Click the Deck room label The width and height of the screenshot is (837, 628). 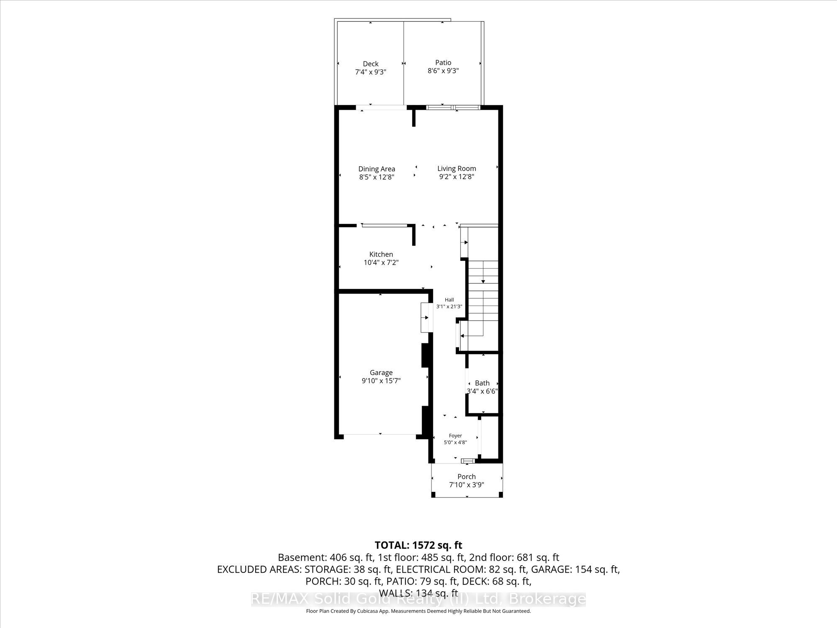(370, 64)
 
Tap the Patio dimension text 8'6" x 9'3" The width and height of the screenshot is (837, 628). (443, 71)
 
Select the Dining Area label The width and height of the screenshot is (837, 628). (377, 169)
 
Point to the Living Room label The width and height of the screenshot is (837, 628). (457, 168)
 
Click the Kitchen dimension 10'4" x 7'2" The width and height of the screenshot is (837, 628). (381, 263)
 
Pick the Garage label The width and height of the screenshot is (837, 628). (381, 372)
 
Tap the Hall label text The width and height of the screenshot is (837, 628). (449, 300)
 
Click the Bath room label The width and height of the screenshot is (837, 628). (482, 383)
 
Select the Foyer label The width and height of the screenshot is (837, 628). (455, 436)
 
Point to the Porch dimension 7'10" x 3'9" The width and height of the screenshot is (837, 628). (467, 485)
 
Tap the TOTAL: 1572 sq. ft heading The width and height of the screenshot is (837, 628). (418, 545)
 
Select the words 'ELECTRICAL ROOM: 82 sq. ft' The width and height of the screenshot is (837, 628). (457, 569)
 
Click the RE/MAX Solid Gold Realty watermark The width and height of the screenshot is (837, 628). (418, 599)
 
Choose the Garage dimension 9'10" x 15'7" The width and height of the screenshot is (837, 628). (381, 381)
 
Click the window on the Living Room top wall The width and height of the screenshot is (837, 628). (452, 108)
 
